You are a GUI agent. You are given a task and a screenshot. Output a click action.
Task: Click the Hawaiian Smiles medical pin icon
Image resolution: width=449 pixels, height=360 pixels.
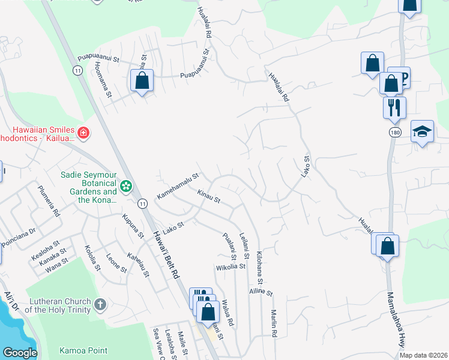(x=83, y=132)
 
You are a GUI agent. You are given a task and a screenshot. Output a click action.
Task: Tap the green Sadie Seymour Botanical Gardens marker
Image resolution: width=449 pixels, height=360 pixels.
(x=126, y=187)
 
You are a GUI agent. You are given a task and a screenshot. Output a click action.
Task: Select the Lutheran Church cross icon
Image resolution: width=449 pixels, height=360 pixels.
(x=100, y=305)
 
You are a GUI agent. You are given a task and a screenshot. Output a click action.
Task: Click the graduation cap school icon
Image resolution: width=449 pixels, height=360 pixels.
(x=422, y=131)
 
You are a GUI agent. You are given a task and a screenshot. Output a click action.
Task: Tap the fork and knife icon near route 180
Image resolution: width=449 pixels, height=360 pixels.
(x=394, y=107)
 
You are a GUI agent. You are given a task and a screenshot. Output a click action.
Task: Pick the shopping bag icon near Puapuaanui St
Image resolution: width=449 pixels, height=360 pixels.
(x=142, y=80)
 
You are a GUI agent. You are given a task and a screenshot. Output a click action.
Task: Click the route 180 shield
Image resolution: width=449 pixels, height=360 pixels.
(x=394, y=132)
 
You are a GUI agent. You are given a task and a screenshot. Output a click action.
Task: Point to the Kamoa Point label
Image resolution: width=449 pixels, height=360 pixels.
(x=83, y=350)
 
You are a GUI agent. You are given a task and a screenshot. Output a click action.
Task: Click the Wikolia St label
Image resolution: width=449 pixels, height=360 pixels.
(x=232, y=266)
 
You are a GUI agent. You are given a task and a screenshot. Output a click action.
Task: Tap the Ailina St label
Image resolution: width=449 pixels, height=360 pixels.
(x=261, y=293)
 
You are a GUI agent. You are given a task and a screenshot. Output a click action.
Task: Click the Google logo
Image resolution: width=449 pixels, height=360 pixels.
(x=20, y=353)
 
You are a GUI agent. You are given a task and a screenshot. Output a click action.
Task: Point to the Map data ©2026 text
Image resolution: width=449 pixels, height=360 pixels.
(x=423, y=355)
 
